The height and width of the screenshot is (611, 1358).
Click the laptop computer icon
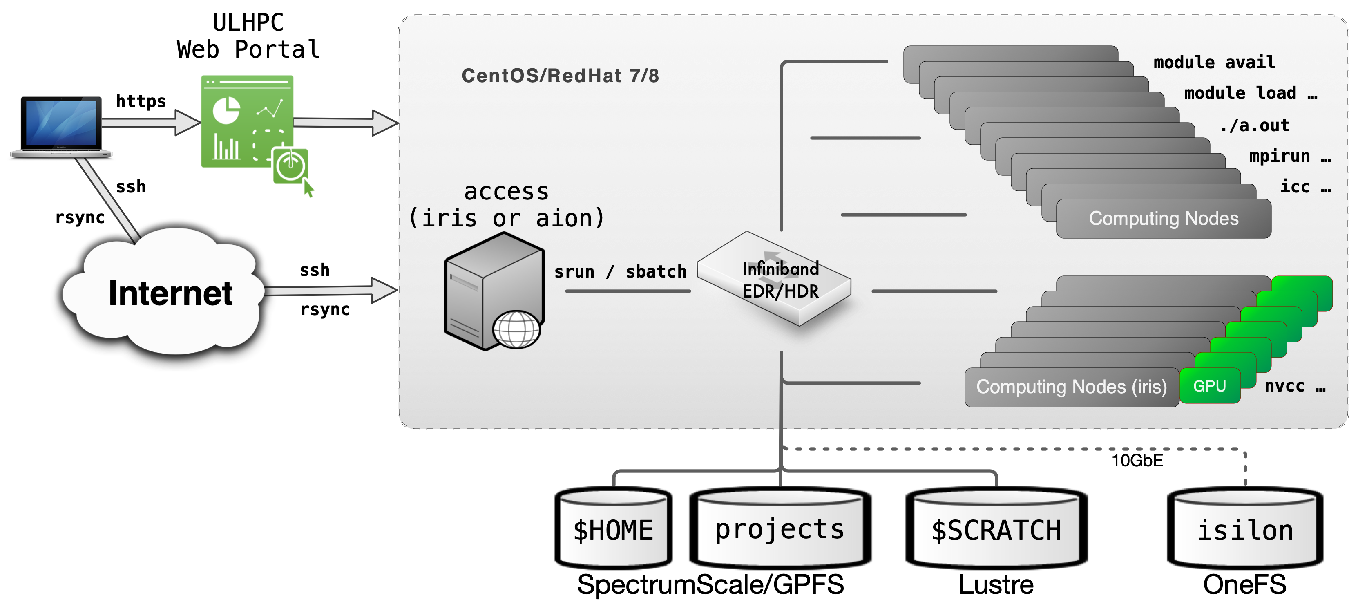(61, 127)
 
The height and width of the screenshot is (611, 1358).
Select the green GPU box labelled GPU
(1209, 386)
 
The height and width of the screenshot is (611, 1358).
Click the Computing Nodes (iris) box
(1071, 387)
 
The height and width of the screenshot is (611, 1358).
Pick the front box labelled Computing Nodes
(1164, 218)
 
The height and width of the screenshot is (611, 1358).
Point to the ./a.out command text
(1255, 125)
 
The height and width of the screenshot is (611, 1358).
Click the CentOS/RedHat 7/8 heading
(560, 76)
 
